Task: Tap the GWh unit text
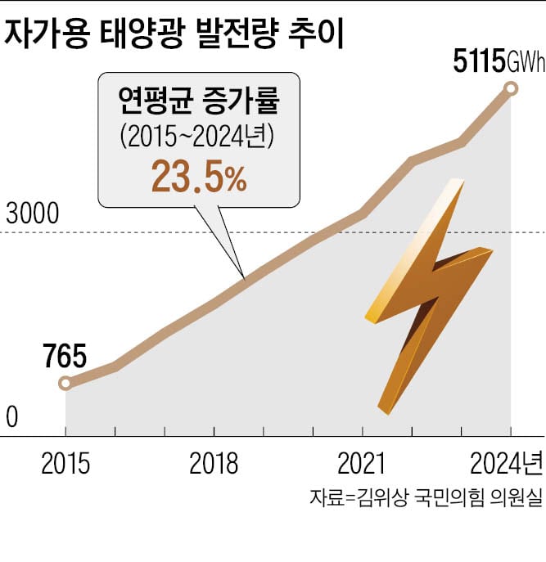click(525, 63)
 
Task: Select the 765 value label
click(63, 358)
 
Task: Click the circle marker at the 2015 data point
click(65, 383)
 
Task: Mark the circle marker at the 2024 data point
click(511, 88)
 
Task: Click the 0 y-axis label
click(12, 417)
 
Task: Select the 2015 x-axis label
click(65, 464)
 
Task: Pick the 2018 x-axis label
click(214, 464)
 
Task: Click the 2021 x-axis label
click(362, 464)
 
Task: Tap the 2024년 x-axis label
click(506, 464)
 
